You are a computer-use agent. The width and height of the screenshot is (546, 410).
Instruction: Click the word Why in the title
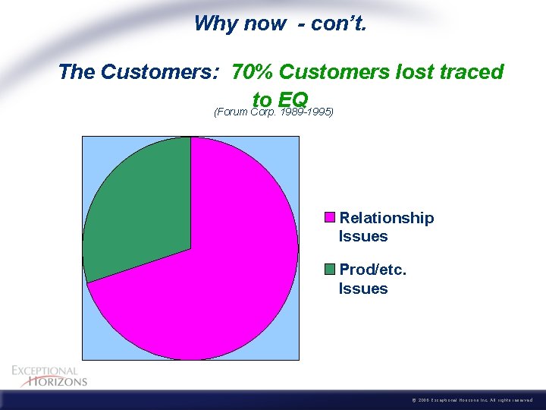tap(215, 24)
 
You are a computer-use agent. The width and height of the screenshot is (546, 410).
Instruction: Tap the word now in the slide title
tap(265, 24)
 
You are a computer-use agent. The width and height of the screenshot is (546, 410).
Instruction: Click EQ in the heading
tap(293, 99)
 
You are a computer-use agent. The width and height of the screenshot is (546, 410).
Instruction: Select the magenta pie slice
tap(220, 289)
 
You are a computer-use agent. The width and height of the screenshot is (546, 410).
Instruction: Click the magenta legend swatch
tap(330, 218)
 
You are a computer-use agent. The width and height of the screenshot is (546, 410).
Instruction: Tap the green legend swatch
tap(330, 270)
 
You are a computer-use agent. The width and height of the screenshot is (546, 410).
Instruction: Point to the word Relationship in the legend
tap(387, 218)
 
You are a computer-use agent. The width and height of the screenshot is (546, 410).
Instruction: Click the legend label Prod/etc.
tap(373, 270)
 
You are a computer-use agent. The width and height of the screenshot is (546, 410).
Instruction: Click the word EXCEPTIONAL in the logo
tap(45, 371)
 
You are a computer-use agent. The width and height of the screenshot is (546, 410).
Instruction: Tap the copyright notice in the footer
tap(470, 400)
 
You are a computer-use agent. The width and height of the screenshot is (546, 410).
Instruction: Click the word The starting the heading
tap(76, 72)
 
